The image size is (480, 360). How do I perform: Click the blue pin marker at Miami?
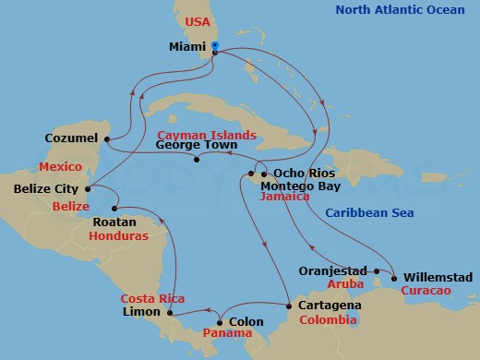click(x=214, y=45)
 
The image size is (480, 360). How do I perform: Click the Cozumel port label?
click(x=70, y=138)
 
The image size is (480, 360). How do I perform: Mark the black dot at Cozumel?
click(x=105, y=139)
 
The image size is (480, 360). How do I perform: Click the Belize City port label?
click(x=46, y=189)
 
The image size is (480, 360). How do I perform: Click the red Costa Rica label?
click(x=153, y=299)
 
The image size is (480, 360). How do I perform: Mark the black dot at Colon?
click(x=219, y=322)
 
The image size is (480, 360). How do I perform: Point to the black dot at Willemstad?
click(x=394, y=277)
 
